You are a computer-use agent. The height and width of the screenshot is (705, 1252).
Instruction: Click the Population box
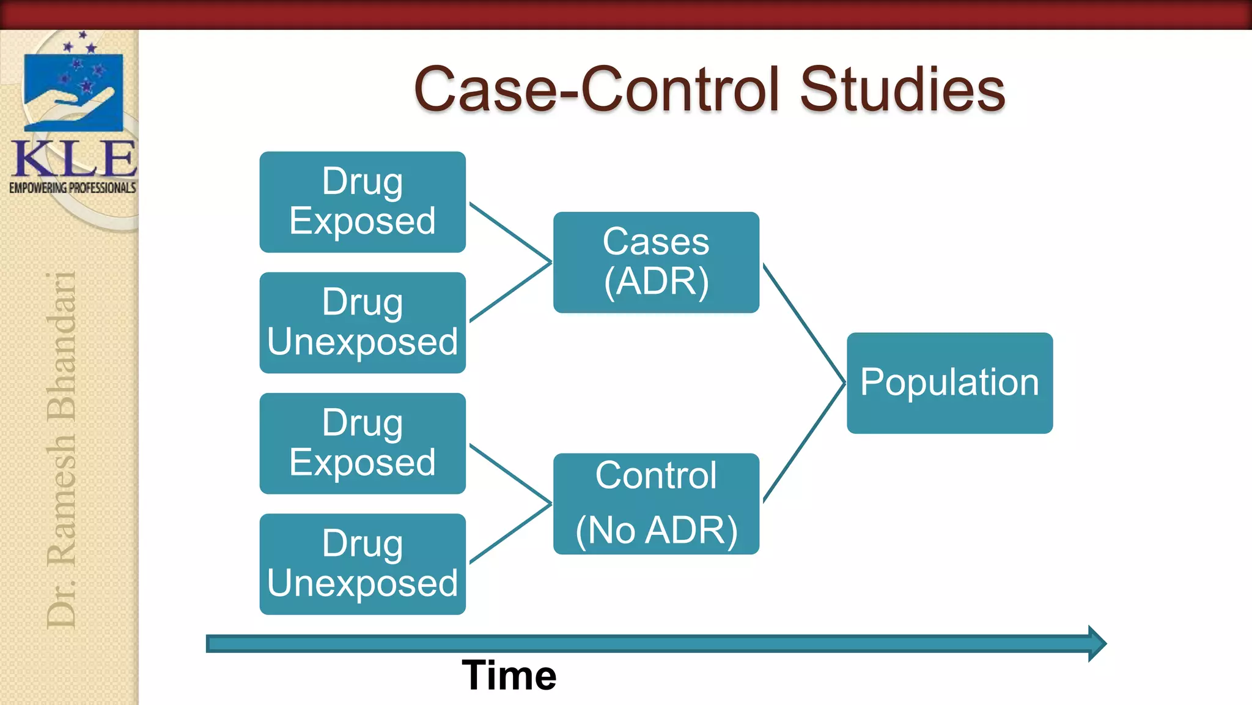click(949, 383)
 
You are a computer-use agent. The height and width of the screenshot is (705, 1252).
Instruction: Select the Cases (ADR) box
click(656, 262)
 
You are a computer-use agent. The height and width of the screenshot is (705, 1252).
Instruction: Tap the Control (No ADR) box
click(656, 503)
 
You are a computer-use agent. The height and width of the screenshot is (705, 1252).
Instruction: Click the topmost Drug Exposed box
click(363, 202)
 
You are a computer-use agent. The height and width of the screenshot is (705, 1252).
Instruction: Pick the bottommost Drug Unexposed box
click(363, 564)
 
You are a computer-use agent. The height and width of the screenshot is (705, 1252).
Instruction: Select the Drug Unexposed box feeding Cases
click(363, 323)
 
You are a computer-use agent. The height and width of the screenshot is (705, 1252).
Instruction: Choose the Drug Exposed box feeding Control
click(363, 443)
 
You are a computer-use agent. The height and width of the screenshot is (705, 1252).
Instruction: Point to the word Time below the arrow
click(509, 675)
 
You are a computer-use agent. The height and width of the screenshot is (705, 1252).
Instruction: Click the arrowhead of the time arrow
click(1097, 643)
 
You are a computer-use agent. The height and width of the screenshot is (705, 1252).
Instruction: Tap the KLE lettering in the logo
click(73, 159)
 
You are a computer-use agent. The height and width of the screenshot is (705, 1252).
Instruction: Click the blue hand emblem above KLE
click(73, 92)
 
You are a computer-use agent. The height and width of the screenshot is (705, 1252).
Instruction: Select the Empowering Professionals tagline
click(73, 188)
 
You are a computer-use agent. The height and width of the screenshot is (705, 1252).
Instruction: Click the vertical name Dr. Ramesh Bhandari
click(62, 450)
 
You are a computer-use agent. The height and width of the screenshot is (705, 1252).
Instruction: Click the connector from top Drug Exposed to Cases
click(510, 232)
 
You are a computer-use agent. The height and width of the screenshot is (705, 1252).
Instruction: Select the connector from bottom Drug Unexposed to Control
click(510, 534)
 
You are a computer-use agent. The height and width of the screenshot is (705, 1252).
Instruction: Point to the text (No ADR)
click(656, 530)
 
